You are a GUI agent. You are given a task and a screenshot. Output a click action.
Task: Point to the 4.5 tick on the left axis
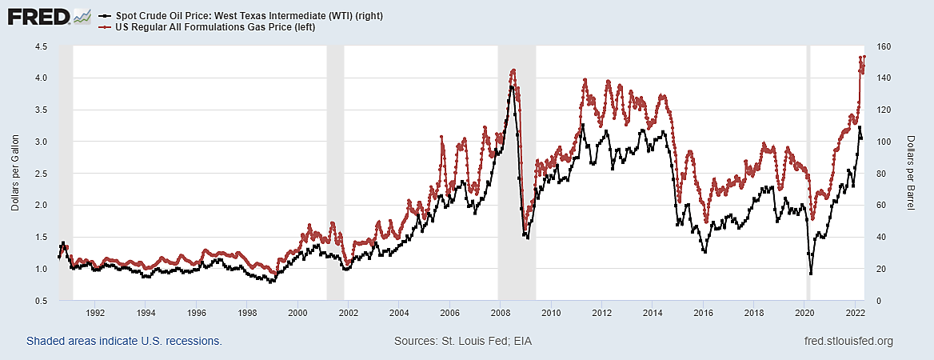coord(40,46)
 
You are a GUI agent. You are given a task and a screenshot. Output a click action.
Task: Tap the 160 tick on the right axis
coord(884,46)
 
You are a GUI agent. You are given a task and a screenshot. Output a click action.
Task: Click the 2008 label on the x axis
coord(500,313)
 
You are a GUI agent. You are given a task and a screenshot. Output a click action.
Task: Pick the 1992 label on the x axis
coord(95,313)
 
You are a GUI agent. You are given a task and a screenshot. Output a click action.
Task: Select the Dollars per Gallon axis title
coord(15,174)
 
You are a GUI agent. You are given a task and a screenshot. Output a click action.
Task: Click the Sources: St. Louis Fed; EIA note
coord(463,342)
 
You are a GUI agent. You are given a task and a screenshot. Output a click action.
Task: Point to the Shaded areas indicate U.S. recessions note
coord(124,342)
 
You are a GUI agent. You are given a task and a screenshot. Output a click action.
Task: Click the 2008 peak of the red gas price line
coord(513,70)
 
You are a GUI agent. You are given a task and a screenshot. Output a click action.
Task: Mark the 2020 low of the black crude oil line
coord(811,274)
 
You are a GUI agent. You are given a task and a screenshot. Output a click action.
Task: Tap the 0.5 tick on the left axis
coord(40,301)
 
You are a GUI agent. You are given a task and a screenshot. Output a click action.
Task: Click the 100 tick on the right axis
coord(884,142)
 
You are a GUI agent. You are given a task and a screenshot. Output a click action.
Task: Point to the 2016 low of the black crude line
coord(704,252)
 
